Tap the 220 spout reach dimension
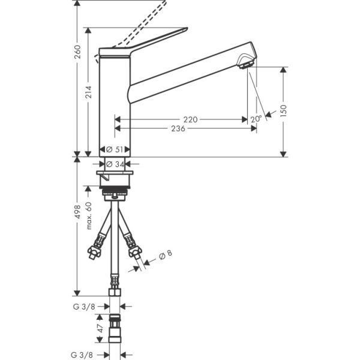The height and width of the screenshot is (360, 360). click(191, 119)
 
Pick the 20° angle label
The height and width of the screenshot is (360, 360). click(257, 119)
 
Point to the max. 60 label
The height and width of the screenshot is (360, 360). click(88, 215)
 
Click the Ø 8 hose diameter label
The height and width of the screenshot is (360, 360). click(166, 255)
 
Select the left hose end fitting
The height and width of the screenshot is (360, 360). click(94, 251)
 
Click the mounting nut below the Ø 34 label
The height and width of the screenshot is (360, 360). click(115, 179)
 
